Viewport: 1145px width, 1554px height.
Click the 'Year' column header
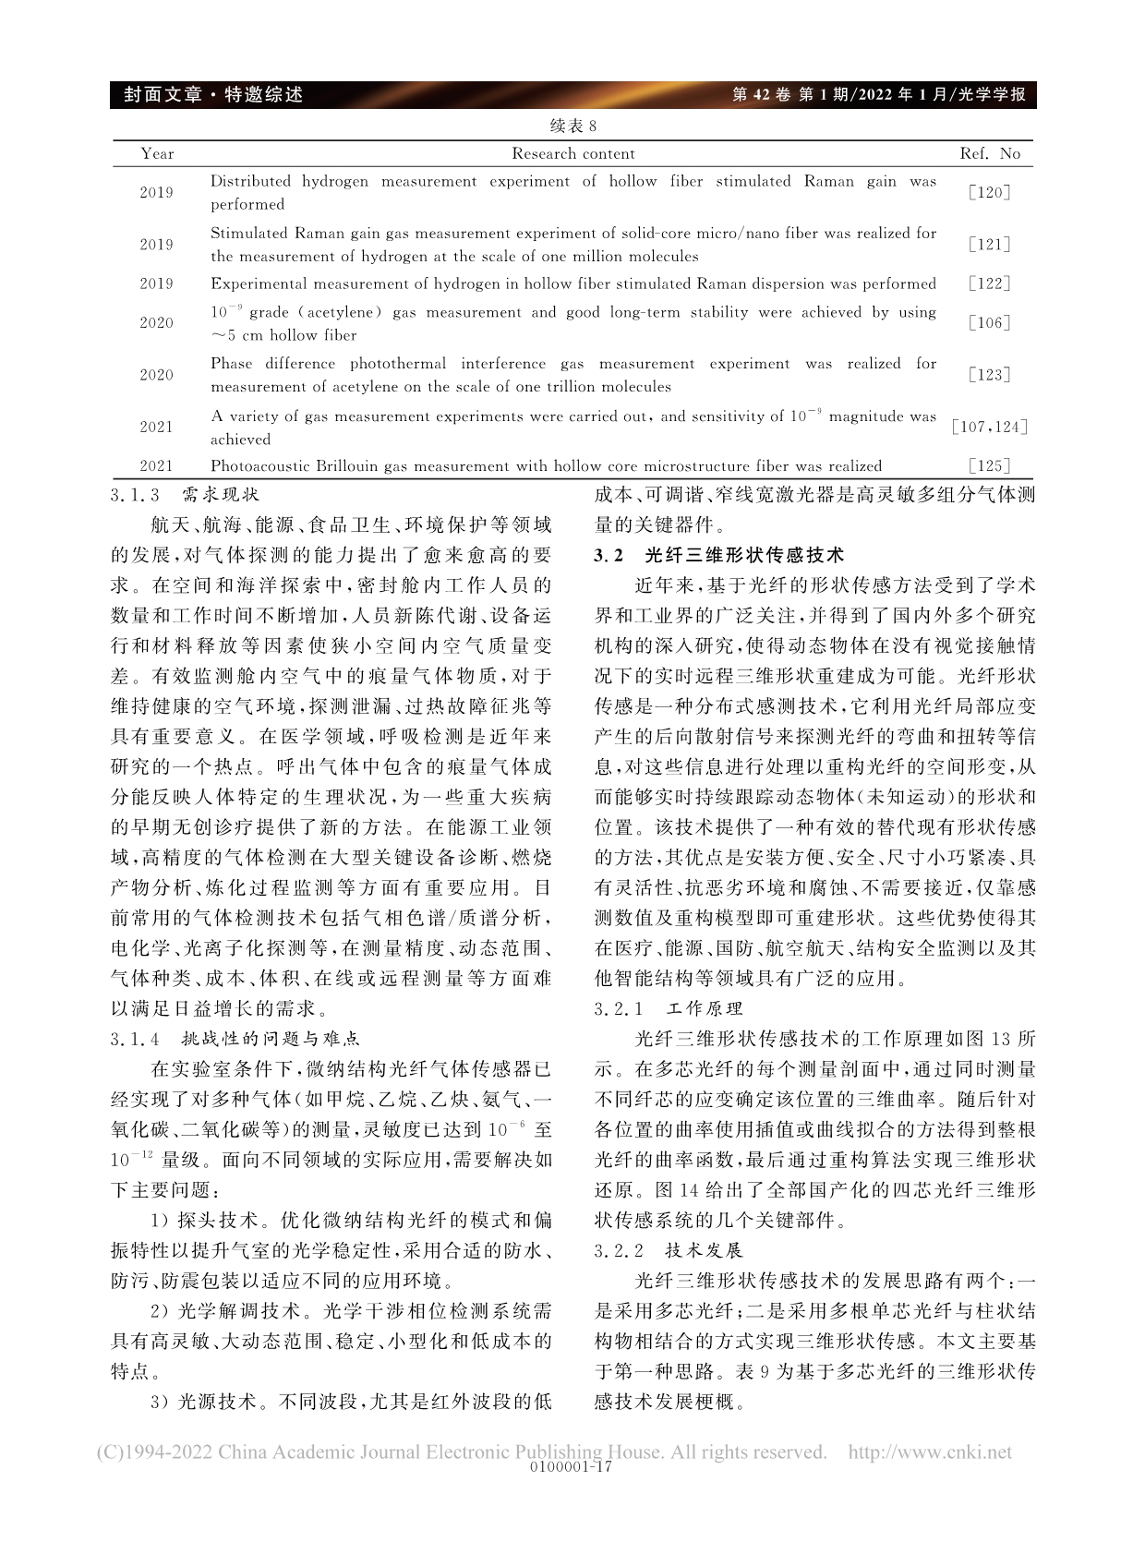tap(157, 154)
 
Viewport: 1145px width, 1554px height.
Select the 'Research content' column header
tap(572, 154)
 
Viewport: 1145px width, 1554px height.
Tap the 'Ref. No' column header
tap(990, 154)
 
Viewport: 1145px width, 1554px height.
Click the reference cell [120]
tap(990, 193)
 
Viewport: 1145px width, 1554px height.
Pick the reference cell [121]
tap(990, 245)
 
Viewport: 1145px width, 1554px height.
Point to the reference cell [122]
tap(990, 283)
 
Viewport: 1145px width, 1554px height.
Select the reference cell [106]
tap(990, 323)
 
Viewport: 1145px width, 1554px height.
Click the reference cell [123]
tap(990, 375)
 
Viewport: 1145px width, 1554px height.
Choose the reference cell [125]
tap(990, 466)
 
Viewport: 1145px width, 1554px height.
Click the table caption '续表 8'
tap(572, 126)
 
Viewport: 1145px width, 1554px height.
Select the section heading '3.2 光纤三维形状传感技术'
tap(719, 555)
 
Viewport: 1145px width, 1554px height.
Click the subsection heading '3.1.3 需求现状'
tap(185, 496)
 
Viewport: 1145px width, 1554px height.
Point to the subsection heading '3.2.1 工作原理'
tap(669, 1008)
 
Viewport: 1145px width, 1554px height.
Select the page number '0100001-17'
tap(573, 1467)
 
